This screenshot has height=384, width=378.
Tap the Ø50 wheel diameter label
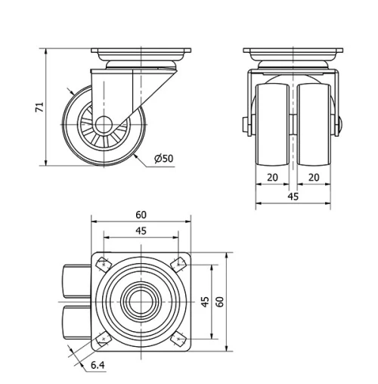tap(163, 158)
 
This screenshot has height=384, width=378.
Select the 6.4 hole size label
tap(98, 366)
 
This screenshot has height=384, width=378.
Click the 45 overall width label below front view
tap(293, 197)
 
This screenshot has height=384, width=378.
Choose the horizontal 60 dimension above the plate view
tap(141, 215)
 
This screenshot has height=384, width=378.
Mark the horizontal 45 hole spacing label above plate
tap(141, 231)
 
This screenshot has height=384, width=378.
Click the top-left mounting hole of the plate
tap(101, 265)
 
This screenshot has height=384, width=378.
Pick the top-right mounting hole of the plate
tap(180, 264)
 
